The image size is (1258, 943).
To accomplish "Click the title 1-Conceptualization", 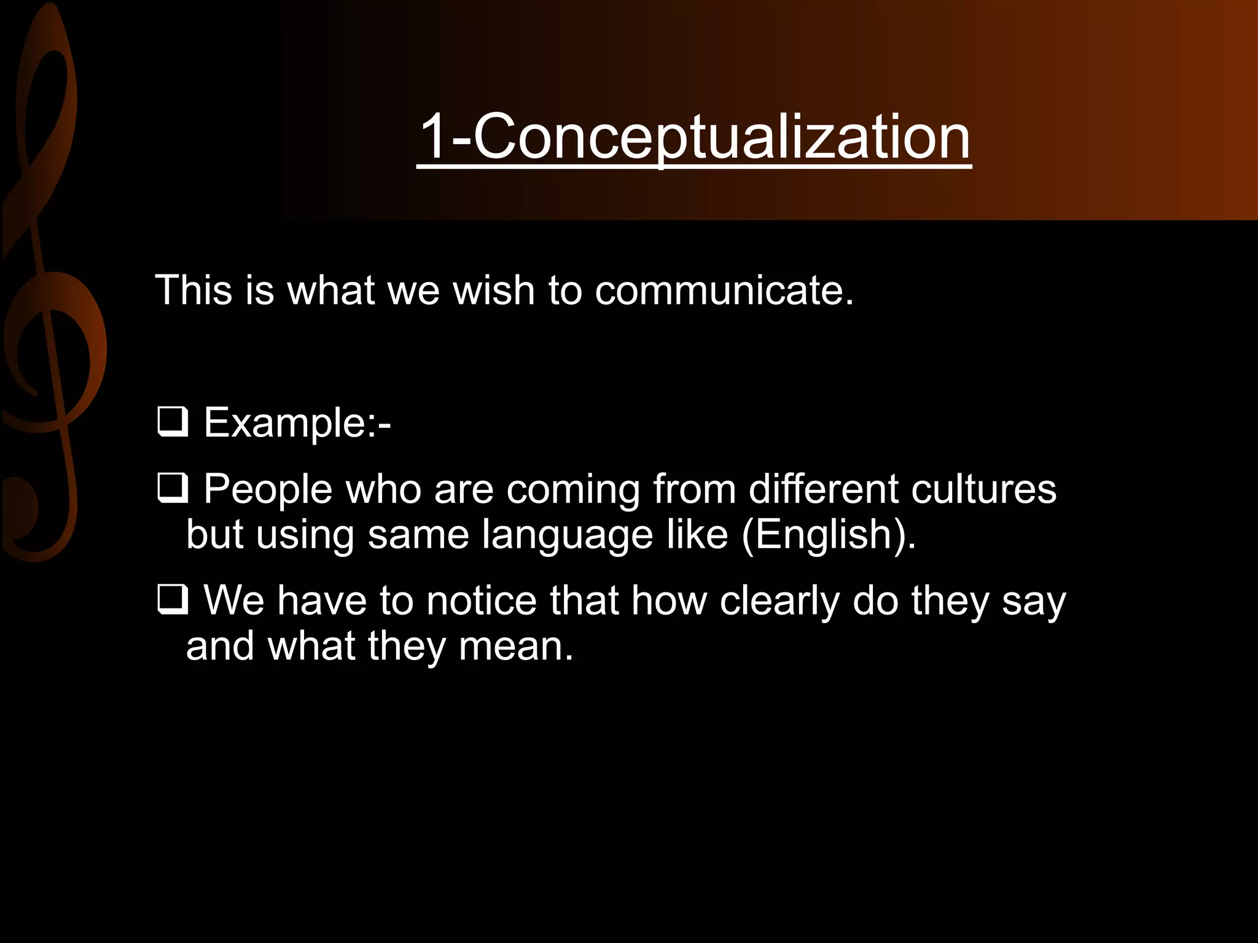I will (693, 136).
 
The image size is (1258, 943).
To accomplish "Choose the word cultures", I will (983, 489).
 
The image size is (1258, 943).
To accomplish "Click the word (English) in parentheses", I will (829, 534).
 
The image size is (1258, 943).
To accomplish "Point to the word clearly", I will (779, 600).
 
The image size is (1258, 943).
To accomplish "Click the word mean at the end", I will (515, 646).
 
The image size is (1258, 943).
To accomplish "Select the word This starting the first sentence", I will (193, 290).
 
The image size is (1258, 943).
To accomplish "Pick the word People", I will (268, 489).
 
